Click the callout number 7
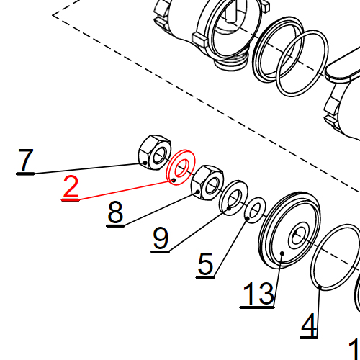(x=25, y=160)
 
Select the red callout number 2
(x=71, y=186)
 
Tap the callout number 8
(x=115, y=212)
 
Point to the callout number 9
(x=161, y=238)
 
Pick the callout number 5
(x=205, y=264)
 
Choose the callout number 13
(x=258, y=293)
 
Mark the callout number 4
(x=309, y=325)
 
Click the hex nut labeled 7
(x=155, y=153)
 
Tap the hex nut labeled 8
(x=207, y=183)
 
